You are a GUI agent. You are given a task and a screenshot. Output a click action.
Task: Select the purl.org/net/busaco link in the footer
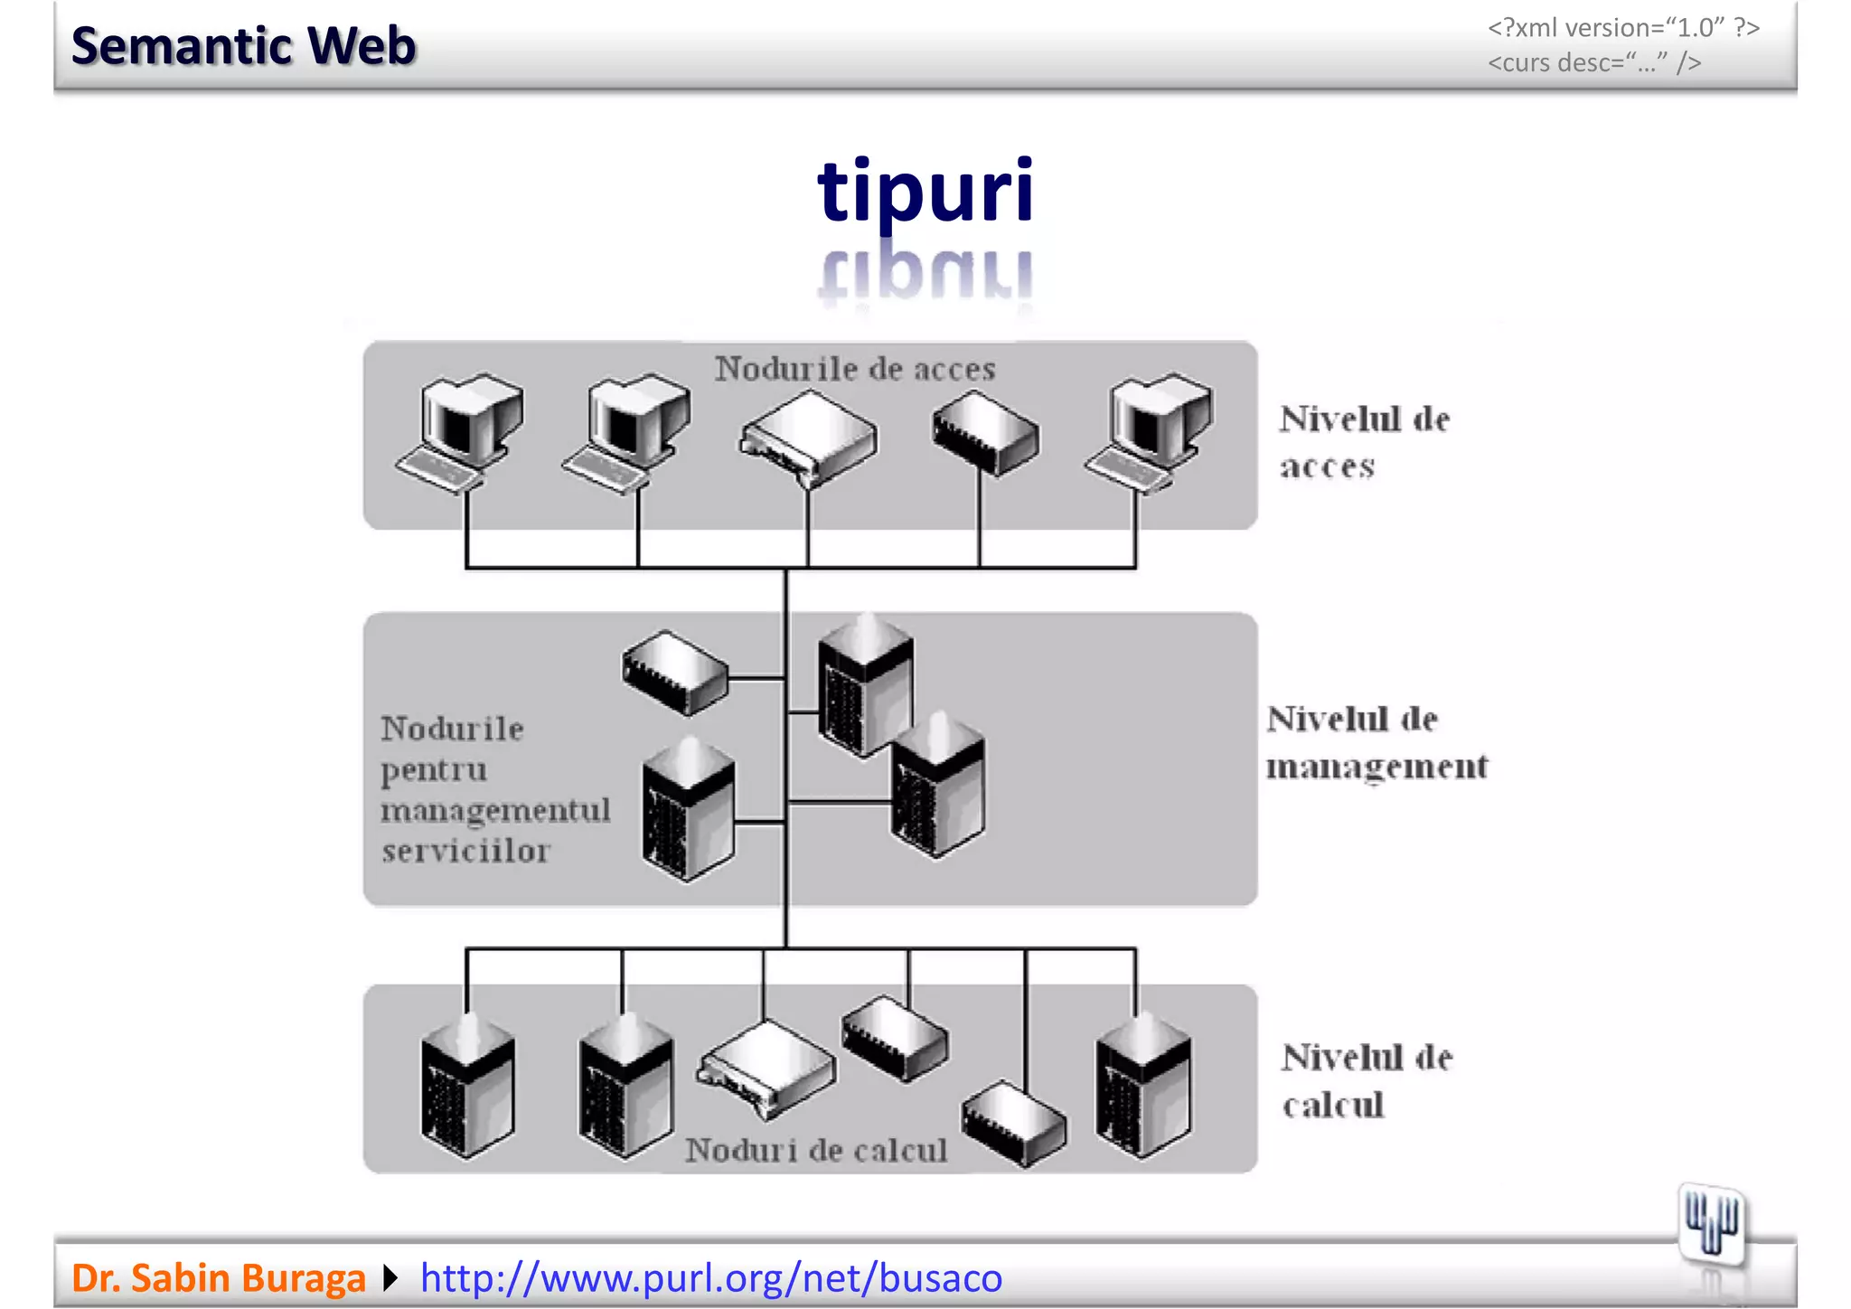coord(711,1277)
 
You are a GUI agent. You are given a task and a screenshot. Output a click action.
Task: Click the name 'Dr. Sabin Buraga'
coord(218,1277)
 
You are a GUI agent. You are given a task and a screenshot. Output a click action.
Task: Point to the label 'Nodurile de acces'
coord(854,369)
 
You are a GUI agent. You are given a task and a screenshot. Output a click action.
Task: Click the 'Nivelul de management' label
coord(1375,742)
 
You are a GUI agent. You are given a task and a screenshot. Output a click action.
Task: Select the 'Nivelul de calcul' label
coord(1366,1080)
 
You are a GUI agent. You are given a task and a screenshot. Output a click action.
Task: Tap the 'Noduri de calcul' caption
coord(815,1150)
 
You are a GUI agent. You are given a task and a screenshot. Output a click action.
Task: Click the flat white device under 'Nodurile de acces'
coord(808,438)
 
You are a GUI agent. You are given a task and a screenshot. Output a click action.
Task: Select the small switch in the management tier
coord(675,673)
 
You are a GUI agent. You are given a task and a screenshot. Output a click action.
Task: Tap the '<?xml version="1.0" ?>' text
coord(1623,28)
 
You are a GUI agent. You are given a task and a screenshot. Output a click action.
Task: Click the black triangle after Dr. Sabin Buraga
coord(390,1277)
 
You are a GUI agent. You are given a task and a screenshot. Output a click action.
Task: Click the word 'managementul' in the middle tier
coord(495,810)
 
